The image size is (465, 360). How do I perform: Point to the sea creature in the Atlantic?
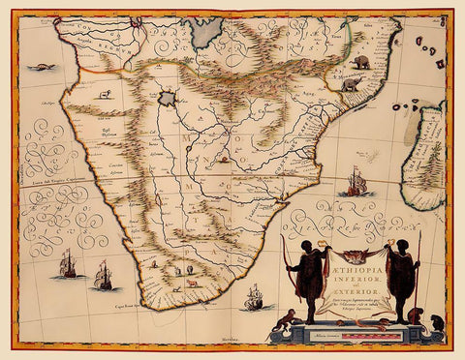click(x=39, y=68)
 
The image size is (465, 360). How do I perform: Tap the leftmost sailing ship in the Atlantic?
click(x=67, y=262)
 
